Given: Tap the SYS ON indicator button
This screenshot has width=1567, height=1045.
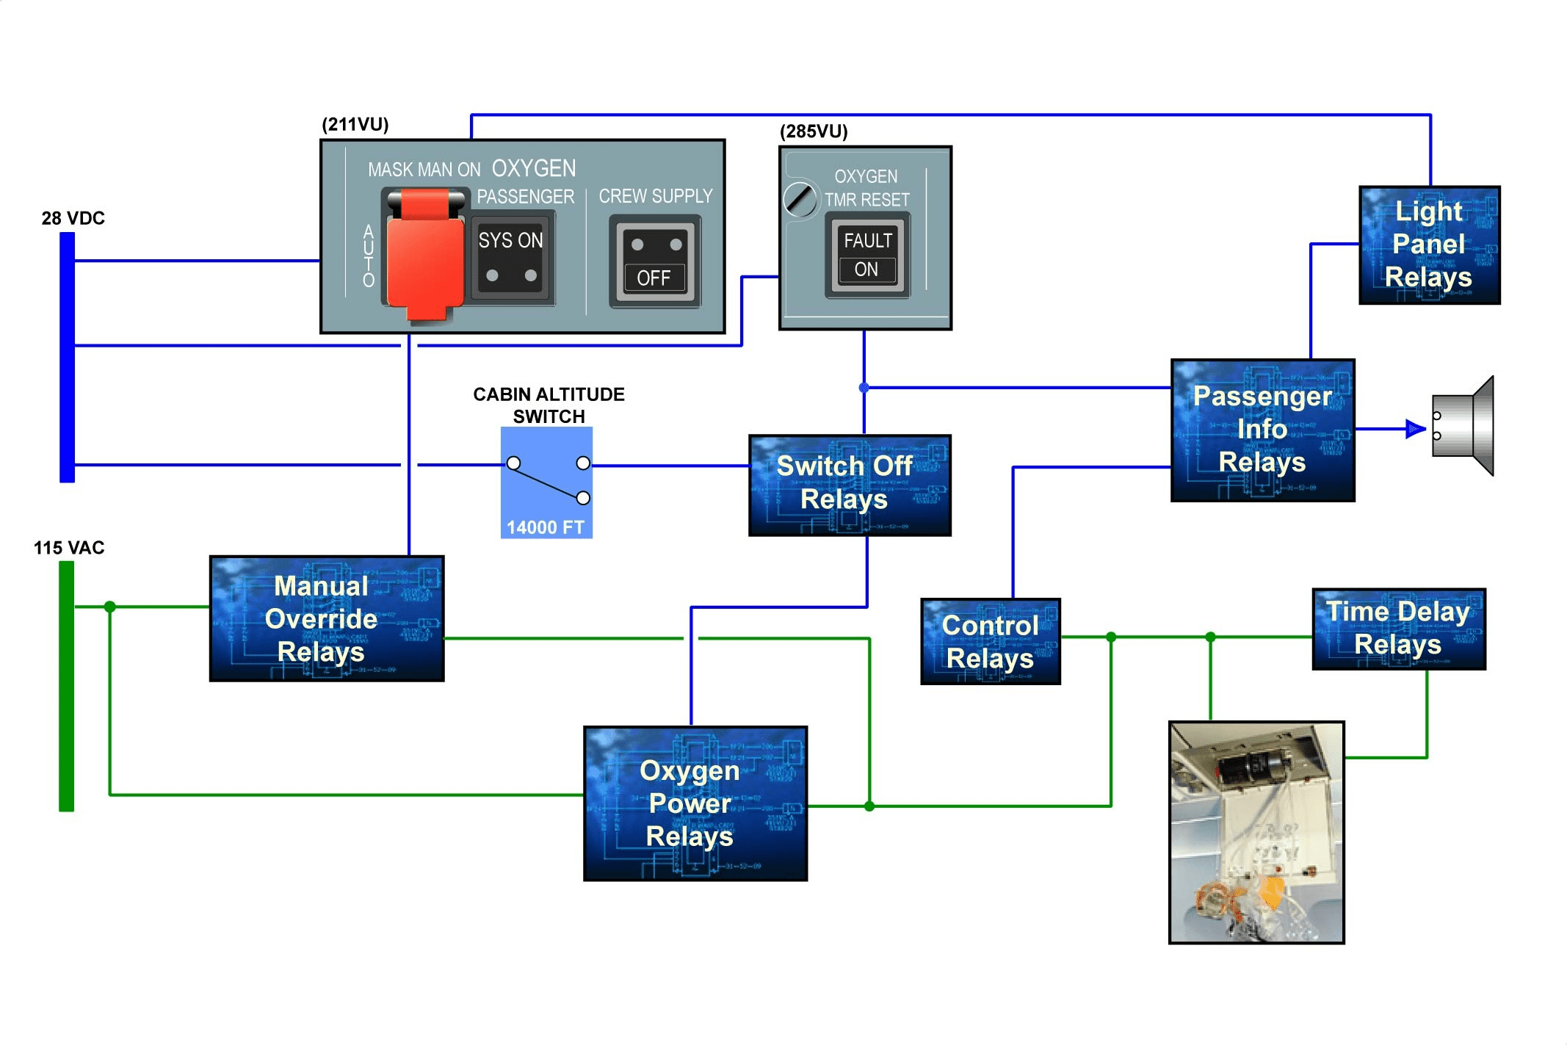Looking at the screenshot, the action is (512, 258).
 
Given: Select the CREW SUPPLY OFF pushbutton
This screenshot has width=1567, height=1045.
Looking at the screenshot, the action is (654, 261).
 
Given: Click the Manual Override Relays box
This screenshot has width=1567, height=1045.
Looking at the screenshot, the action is (327, 618).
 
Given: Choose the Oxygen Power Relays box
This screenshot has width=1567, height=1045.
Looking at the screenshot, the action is (695, 803).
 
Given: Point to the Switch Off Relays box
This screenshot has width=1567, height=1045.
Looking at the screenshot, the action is (850, 485).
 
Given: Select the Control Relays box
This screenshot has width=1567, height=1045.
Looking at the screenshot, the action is (991, 641).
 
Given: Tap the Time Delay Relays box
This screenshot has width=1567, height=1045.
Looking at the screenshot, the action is (1399, 629).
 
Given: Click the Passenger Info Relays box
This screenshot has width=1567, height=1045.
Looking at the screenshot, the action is (1262, 430).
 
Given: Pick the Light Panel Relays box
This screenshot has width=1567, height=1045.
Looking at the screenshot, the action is (1429, 245).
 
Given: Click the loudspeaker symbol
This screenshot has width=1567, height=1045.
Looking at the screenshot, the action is (1463, 426).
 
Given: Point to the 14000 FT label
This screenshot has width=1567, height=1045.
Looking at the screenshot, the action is (546, 527).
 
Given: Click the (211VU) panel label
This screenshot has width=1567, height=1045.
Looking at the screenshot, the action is (355, 124).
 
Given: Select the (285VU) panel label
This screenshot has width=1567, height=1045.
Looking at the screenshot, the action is (814, 131).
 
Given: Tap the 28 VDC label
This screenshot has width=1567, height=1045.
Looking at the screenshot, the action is (73, 218).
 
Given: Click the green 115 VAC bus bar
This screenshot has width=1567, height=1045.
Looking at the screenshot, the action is (67, 686).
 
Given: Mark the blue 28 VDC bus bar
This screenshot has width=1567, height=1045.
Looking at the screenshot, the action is (68, 357).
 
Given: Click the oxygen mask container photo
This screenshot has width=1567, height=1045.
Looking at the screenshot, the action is (1256, 832).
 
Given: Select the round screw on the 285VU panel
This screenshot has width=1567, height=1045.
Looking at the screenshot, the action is (800, 199).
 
